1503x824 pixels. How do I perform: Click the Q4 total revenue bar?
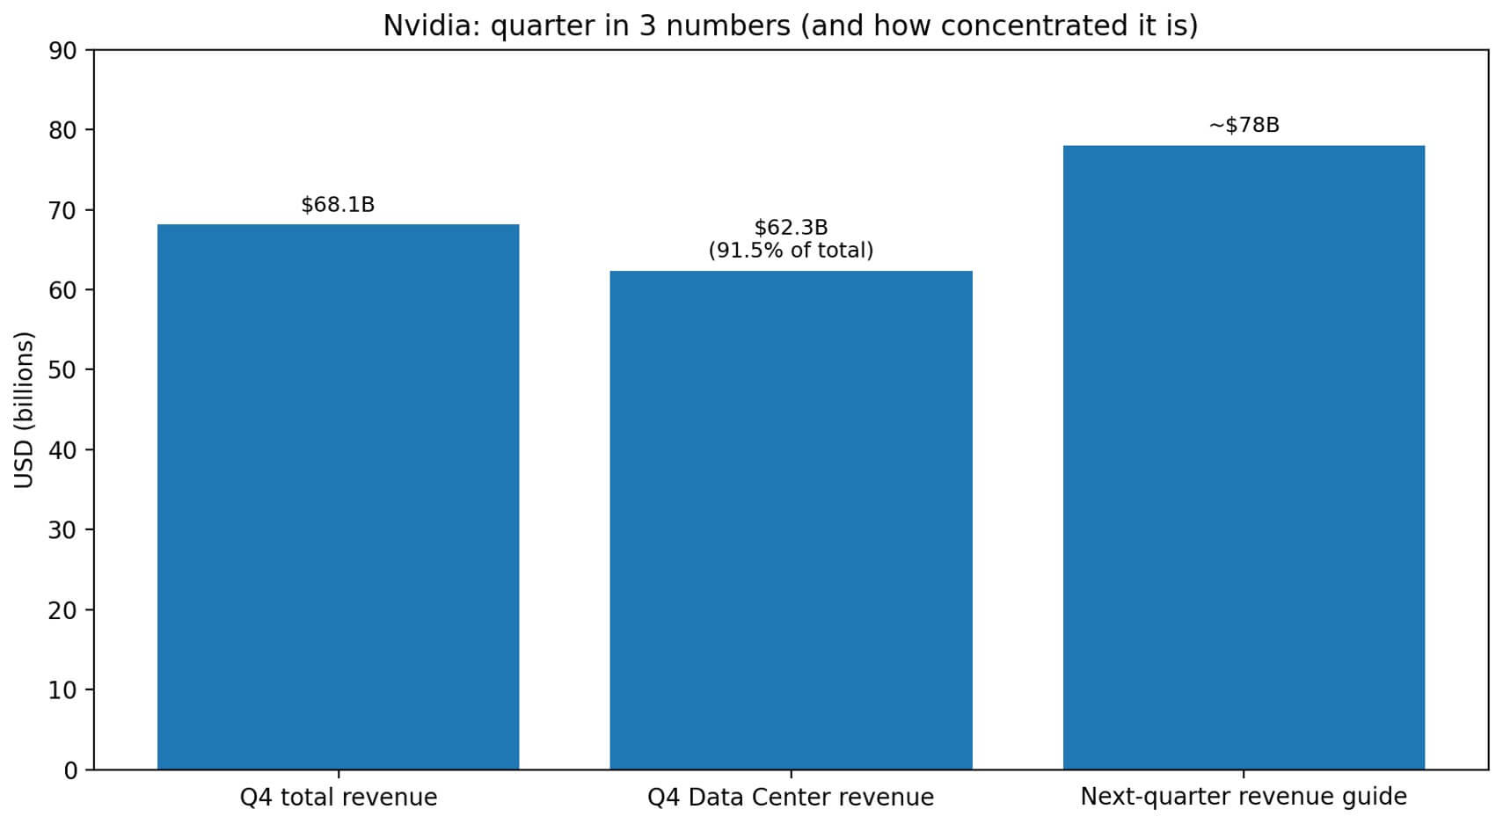[338, 497]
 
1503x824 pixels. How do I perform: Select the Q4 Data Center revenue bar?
[791, 520]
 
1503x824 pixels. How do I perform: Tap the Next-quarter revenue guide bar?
[1244, 457]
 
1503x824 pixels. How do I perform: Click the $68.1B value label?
[338, 205]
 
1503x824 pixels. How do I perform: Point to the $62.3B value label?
[791, 229]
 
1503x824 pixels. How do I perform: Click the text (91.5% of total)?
[791, 251]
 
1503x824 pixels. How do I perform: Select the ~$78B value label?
[1244, 126]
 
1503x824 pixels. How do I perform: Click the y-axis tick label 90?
[62, 50]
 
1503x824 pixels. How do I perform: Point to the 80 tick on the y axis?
[62, 130]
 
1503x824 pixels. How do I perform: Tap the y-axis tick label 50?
[62, 370]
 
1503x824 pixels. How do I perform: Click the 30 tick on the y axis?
[62, 530]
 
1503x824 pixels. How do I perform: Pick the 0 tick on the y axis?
[70, 770]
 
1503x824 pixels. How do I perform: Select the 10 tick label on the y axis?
[62, 690]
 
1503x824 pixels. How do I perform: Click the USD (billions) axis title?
[25, 410]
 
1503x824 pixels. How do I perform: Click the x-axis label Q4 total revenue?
[338, 798]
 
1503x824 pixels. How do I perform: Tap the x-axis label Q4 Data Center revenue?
[791, 798]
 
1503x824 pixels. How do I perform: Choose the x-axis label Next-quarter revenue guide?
[1244, 797]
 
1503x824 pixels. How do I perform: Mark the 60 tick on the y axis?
[62, 290]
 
